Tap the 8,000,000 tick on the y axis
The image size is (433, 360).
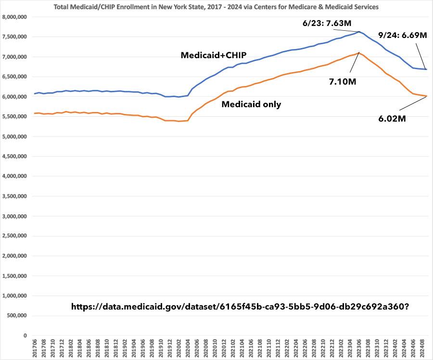click(15, 17)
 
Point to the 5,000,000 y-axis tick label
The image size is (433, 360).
click(15, 137)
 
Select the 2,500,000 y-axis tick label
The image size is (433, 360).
click(15, 236)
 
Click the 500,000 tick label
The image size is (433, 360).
click(18, 316)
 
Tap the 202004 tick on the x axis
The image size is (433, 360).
click(187, 349)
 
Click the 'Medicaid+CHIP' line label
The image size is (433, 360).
click(214, 55)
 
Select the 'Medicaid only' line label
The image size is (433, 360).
click(251, 104)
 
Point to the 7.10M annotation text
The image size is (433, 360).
click(343, 82)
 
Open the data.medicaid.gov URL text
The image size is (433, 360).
click(240, 306)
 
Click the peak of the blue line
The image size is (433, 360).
click(359, 32)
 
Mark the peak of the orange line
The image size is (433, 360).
click(359, 53)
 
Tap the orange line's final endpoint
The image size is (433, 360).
click(427, 96)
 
